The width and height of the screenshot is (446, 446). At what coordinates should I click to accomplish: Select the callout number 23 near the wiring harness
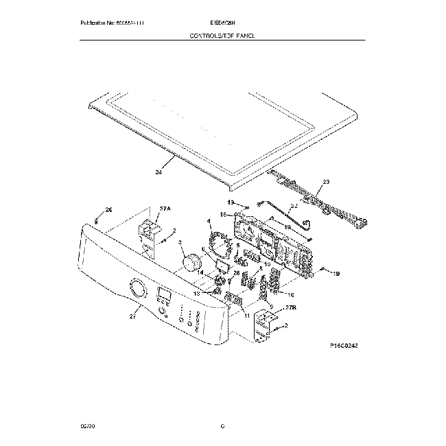pos(326,182)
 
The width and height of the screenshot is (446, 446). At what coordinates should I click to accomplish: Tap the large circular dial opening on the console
pos(137,289)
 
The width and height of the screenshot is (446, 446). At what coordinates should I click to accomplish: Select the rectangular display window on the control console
pos(165,296)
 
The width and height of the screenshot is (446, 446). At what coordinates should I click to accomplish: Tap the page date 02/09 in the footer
pos(87,426)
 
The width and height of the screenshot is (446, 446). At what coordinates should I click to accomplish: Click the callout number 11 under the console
pos(247,316)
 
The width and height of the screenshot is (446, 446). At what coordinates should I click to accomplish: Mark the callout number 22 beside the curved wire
pos(294,205)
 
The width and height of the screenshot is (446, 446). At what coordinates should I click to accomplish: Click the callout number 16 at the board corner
pos(223,215)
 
